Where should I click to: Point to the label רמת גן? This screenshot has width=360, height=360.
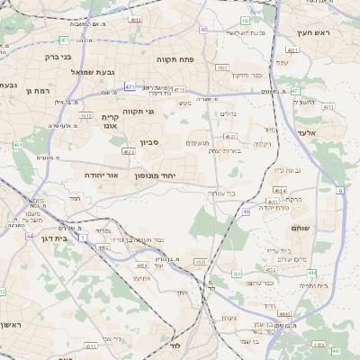[x=41, y=91]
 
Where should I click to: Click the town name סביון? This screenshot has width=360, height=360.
[x=149, y=141]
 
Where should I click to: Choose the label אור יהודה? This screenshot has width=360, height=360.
[x=103, y=175]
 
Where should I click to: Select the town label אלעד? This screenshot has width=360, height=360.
[x=320, y=132]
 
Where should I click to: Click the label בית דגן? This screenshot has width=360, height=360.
[x=55, y=239]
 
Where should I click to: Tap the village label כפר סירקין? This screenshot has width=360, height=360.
[x=246, y=75]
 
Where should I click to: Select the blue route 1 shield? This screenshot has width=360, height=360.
[x=83, y=238]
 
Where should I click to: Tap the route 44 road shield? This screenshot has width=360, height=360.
[x=30, y=237]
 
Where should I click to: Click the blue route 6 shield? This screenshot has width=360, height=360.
[x=340, y=191]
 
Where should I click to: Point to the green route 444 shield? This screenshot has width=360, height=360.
[x=311, y=271]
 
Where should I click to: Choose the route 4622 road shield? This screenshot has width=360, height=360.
[x=129, y=152]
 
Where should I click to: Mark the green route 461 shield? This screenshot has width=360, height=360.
[x=17, y=145]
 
